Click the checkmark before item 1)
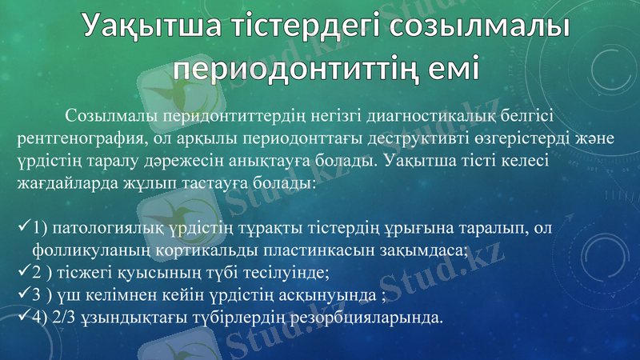click(x=23, y=228)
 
